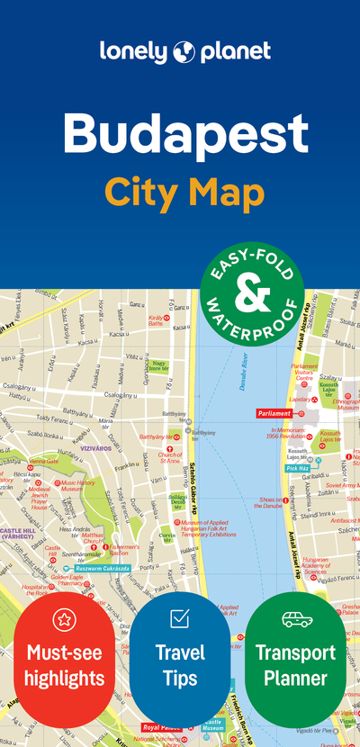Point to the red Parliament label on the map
pos(274,413)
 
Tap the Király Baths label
pos(158,320)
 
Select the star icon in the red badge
pos(64,619)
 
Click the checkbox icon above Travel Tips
pos(180,618)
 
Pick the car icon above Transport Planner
pos(296,619)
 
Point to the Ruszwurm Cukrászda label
pos(102,568)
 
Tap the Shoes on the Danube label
pos(272,503)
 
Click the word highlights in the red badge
pos(64,678)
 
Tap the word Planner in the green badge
pos(296,678)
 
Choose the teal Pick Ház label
pos(298,468)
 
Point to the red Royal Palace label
pos(163,727)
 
